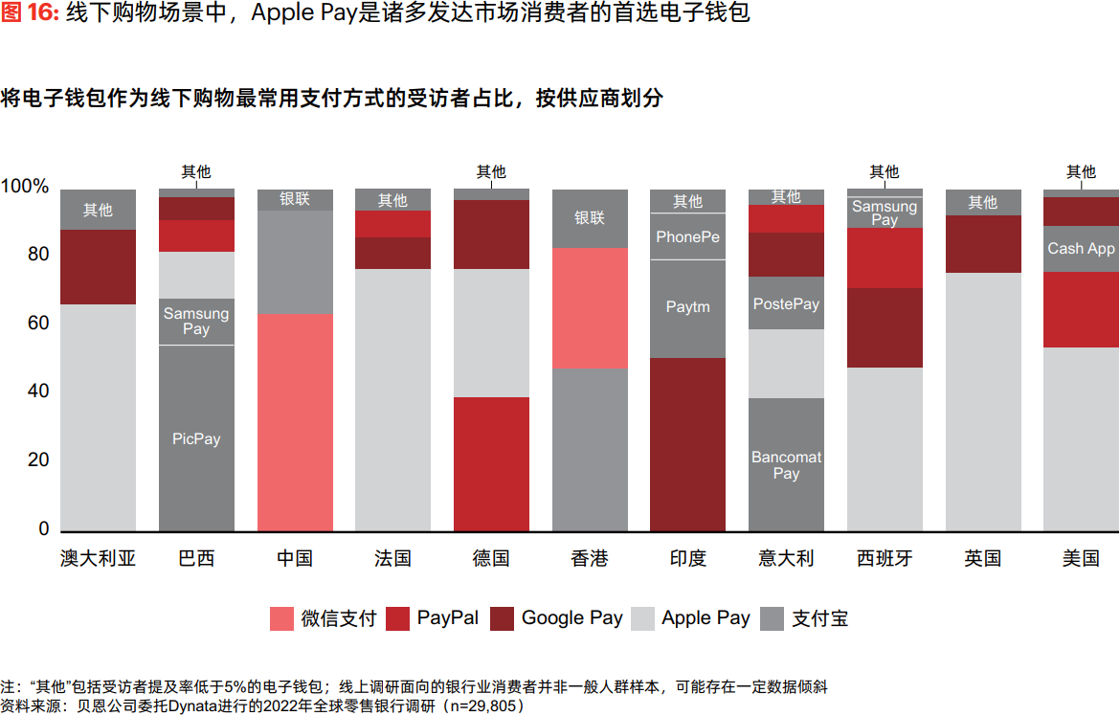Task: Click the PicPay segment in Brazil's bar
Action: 196,438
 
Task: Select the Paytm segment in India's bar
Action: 687,307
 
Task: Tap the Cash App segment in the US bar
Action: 1081,249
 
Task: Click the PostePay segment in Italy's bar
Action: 786,303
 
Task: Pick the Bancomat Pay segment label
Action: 786,465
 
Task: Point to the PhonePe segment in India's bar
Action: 687,236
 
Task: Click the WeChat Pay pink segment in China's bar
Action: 295,421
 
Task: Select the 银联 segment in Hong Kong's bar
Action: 590,218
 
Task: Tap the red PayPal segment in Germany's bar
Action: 491,463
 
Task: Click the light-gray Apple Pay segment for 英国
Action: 982,402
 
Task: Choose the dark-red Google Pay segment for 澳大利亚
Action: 98,266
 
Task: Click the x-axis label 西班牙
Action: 885,558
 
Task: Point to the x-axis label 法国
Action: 392,558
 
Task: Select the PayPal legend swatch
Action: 398,618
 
